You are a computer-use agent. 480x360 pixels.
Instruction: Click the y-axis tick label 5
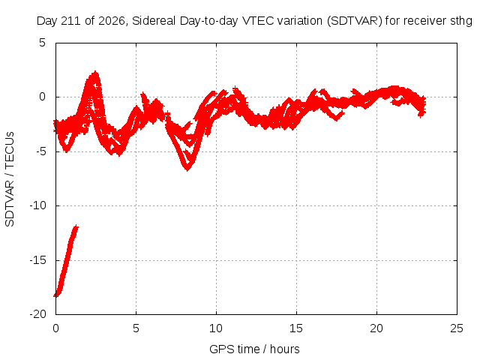[x=42, y=43]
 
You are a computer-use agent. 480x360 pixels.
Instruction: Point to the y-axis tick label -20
[x=37, y=314]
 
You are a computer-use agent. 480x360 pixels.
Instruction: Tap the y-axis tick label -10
[x=37, y=205]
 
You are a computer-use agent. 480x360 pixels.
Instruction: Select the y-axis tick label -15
[x=37, y=260]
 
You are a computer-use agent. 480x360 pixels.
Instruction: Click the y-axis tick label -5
[x=39, y=151]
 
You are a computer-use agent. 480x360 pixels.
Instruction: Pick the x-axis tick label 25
[x=457, y=328]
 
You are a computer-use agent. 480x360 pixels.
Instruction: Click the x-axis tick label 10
[x=216, y=328]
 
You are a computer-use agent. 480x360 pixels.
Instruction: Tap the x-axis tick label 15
[x=296, y=328]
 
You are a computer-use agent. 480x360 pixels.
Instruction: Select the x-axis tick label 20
[x=376, y=328]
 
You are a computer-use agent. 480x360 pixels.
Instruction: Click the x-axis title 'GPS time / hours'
[x=254, y=349]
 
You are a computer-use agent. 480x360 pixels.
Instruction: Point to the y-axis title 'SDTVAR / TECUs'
[x=10, y=179]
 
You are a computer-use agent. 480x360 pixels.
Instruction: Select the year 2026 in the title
[x=112, y=21]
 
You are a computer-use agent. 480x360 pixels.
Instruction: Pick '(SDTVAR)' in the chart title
[x=355, y=21]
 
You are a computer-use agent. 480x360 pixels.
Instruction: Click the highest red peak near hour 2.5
[x=95, y=73]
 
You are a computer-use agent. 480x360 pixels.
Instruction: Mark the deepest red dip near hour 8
[x=187, y=170]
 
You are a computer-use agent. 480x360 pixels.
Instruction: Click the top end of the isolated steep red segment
[x=76, y=226]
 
